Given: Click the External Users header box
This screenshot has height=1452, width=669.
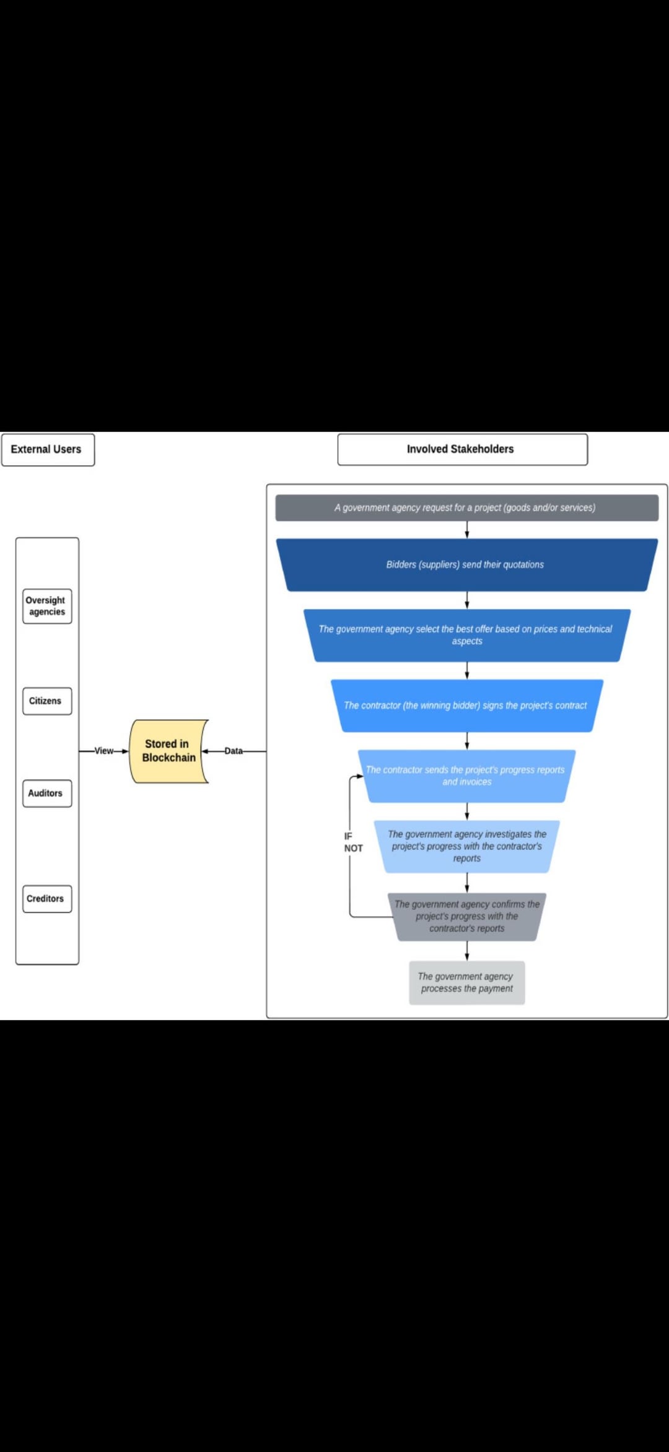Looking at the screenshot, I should pos(48,449).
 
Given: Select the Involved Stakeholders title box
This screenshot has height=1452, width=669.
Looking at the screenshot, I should pos(462,449).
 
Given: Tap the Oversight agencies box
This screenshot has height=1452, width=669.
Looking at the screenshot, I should pos(47,606).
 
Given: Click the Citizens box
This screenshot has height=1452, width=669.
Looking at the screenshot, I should pos(47,701).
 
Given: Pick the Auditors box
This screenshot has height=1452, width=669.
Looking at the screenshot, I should pos(47,793).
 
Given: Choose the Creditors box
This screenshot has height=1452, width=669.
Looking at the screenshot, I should pos(47,899).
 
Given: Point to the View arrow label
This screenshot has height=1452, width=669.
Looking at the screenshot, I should pos(103,751).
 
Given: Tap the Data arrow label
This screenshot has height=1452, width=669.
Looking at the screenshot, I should pos(234,751).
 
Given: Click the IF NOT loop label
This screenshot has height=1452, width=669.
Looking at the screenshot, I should pos(352,842).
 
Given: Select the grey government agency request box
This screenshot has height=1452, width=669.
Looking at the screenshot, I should pos(466,508).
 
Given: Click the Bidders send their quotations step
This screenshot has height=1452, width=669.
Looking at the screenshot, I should pos(466,564).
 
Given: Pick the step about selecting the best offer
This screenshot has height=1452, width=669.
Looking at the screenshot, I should pos(466,635).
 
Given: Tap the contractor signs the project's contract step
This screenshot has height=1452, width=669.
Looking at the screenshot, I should pos(466,706).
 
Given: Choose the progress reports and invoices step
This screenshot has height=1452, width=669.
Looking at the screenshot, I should pos(466,776).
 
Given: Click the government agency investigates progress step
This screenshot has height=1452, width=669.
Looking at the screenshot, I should pos(466,846).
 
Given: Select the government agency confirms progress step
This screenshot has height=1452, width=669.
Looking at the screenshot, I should pos(466,916).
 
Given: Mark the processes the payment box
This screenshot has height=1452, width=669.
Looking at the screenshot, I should pos(466,982).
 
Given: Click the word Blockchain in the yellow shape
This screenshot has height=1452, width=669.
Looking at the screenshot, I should pos(168,758).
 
